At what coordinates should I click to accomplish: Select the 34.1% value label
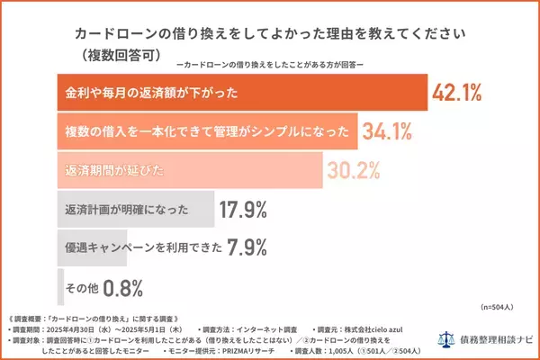coord(387,132)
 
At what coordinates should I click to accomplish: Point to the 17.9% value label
coord(245,211)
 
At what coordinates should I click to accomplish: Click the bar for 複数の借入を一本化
coord(206,132)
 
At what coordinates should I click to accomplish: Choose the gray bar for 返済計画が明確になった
coord(135,211)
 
